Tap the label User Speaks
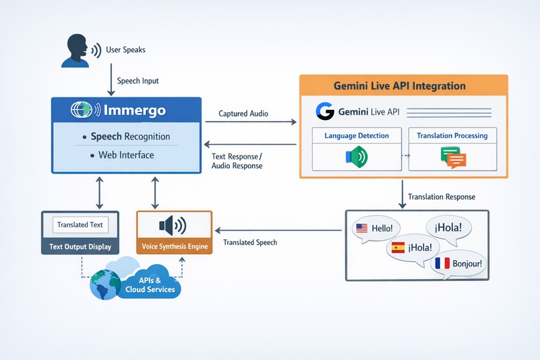coord(125,50)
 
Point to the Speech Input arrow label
coord(137,80)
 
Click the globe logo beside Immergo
coord(83,109)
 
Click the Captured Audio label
coord(243,114)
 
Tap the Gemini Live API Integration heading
coord(399,86)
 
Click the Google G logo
coord(326,111)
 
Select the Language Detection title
coord(356,135)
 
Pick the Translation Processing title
coord(452,135)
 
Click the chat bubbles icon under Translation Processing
coord(452,158)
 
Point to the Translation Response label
coord(442,196)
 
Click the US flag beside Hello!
coord(362,228)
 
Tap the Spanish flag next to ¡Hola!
coord(397,247)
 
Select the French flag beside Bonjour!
coord(442,263)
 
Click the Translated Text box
coord(80,225)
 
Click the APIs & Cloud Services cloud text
coord(150,285)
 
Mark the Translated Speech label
coord(250,242)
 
